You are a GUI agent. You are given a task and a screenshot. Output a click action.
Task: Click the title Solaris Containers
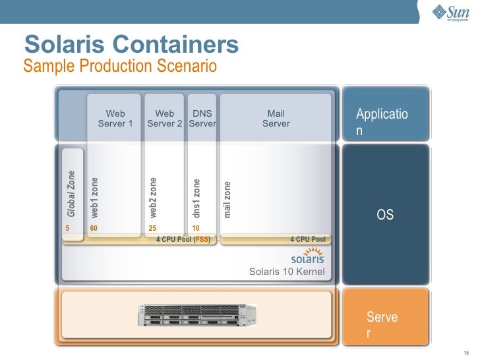click(131, 44)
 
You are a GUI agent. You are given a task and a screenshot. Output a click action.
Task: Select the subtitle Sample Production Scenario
click(119, 66)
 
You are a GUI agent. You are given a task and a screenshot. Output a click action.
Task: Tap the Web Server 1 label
click(115, 119)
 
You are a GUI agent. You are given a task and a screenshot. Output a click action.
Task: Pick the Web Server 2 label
click(164, 119)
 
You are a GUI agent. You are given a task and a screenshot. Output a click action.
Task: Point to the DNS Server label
click(202, 119)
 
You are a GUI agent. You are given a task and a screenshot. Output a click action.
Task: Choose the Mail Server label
click(276, 119)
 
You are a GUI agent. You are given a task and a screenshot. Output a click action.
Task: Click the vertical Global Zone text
click(71, 194)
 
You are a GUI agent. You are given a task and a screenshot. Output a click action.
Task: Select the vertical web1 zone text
click(94, 197)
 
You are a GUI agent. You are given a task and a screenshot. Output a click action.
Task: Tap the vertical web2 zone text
click(153, 197)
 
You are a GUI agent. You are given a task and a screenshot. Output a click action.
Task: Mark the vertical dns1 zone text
click(196, 198)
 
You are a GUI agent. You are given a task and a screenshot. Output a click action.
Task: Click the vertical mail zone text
click(227, 199)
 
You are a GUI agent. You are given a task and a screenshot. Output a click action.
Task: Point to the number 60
click(94, 228)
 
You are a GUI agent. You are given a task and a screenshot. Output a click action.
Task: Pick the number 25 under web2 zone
click(152, 228)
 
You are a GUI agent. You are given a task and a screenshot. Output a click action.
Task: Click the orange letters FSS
click(202, 239)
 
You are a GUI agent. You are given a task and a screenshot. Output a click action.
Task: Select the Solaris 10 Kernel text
click(287, 272)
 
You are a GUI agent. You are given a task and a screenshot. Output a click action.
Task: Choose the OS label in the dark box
click(384, 215)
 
